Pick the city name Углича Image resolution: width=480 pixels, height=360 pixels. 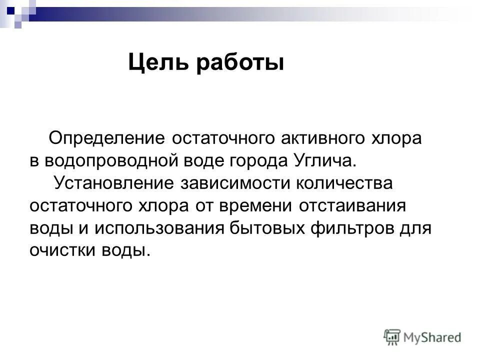325,160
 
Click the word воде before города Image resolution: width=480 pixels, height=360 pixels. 202,160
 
